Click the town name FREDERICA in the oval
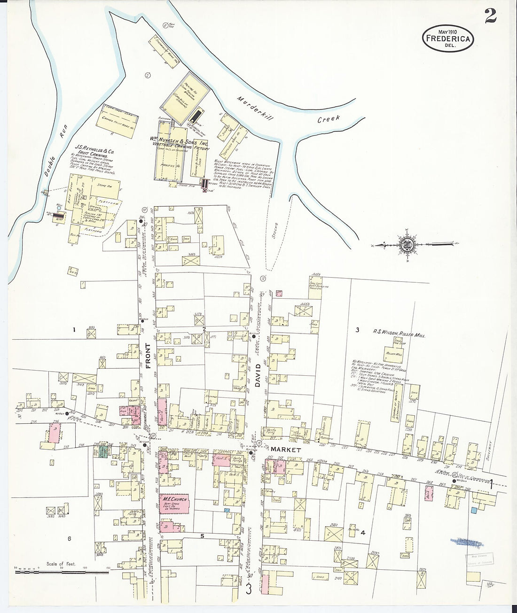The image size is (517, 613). click(x=447, y=39)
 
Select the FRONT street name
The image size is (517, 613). click(x=148, y=355)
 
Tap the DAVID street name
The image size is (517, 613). click(x=258, y=374)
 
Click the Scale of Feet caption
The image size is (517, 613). click(x=61, y=563)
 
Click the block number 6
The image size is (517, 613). click(x=69, y=538)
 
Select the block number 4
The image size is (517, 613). click(x=362, y=533)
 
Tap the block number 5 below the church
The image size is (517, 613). click(x=202, y=535)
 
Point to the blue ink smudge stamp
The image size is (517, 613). click(x=466, y=543)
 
